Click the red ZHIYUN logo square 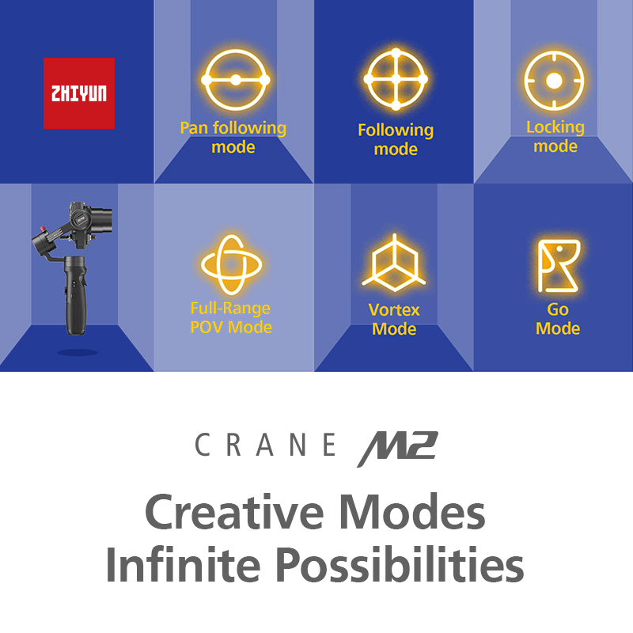point(79,93)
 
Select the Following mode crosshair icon point(396,79)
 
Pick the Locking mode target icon point(554,81)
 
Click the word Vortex point(394,310)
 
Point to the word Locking point(555,127)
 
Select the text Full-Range point(230,308)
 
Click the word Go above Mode point(558,309)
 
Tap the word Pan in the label point(194,128)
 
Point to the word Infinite point(183,564)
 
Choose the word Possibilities point(400,564)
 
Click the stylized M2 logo point(398,449)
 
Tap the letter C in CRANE point(203,445)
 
